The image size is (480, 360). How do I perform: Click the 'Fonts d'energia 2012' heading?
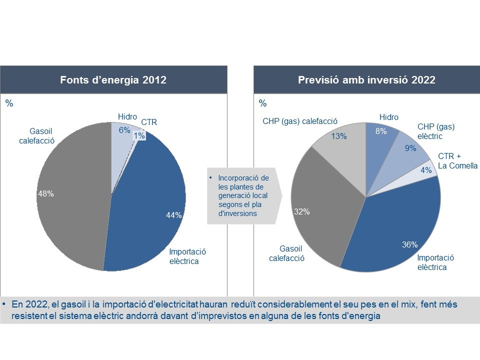coord(113,80)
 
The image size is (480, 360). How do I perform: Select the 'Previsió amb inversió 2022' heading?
coord(366,80)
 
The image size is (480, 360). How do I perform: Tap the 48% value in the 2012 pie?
coord(46,194)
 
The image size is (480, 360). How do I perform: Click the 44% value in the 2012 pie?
coord(174,215)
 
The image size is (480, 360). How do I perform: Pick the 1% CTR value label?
coord(139,135)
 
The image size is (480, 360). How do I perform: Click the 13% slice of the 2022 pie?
coord(339,135)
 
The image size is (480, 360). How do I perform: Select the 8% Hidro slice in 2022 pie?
coord(380,132)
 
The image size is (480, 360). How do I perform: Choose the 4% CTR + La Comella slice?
coord(426,169)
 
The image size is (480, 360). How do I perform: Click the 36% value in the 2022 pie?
coord(410,244)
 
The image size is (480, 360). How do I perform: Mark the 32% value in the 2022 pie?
coord(302,211)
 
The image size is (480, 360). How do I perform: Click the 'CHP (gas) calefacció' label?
coord(300,121)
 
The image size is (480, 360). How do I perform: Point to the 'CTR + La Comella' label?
coord(457,161)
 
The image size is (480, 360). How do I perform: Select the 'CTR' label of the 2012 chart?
coord(149,122)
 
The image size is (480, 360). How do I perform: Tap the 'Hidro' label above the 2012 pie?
coord(127,117)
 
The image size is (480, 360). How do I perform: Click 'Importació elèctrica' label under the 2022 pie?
coord(435,262)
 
